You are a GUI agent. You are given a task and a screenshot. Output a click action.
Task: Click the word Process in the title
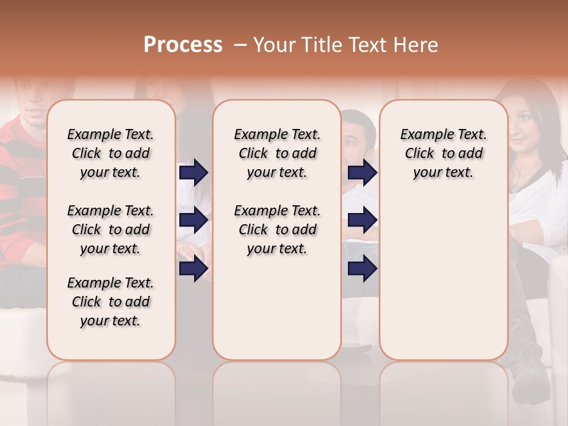[183, 44]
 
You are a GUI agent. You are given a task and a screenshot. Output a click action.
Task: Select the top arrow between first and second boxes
[193, 172]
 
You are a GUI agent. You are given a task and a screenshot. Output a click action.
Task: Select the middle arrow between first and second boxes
[193, 220]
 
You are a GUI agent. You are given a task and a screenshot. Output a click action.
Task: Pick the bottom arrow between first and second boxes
[193, 269]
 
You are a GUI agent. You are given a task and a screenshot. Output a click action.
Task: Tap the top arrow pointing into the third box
[362, 172]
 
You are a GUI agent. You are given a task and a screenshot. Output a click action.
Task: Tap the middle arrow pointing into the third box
[362, 220]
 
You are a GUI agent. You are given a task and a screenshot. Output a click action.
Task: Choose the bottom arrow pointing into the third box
[362, 269]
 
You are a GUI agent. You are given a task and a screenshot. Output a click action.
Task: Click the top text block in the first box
[111, 153]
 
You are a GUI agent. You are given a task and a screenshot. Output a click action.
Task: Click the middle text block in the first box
[111, 230]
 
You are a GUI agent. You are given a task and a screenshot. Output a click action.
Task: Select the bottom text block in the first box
[111, 302]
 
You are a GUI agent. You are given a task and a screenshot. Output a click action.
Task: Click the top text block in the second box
[277, 153]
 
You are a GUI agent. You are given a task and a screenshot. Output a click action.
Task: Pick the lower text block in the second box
[277, 230]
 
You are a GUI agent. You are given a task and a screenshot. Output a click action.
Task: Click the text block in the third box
[443, 153]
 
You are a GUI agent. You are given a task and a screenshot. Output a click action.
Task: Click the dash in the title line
[240, 46]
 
